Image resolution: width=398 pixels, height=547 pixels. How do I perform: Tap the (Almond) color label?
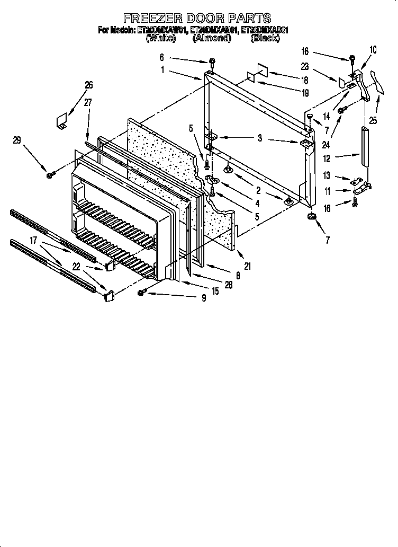click(212, 38)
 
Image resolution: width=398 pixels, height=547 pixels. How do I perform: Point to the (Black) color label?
click(265, 38)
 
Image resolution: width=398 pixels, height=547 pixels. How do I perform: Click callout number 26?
click(88, 84)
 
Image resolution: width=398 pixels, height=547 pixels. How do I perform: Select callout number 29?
click(17, 140)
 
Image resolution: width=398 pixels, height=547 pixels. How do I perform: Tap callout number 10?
click(373, 50)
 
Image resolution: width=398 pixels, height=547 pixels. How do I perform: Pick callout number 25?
click(373, 121)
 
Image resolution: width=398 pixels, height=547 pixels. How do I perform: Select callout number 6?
click(161, 57)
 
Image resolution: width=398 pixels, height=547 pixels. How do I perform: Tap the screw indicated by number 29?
click(49, 174)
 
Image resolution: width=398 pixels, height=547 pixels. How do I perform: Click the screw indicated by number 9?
click(141, 293)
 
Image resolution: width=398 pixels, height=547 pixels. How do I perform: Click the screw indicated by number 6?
click(212, 63)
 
